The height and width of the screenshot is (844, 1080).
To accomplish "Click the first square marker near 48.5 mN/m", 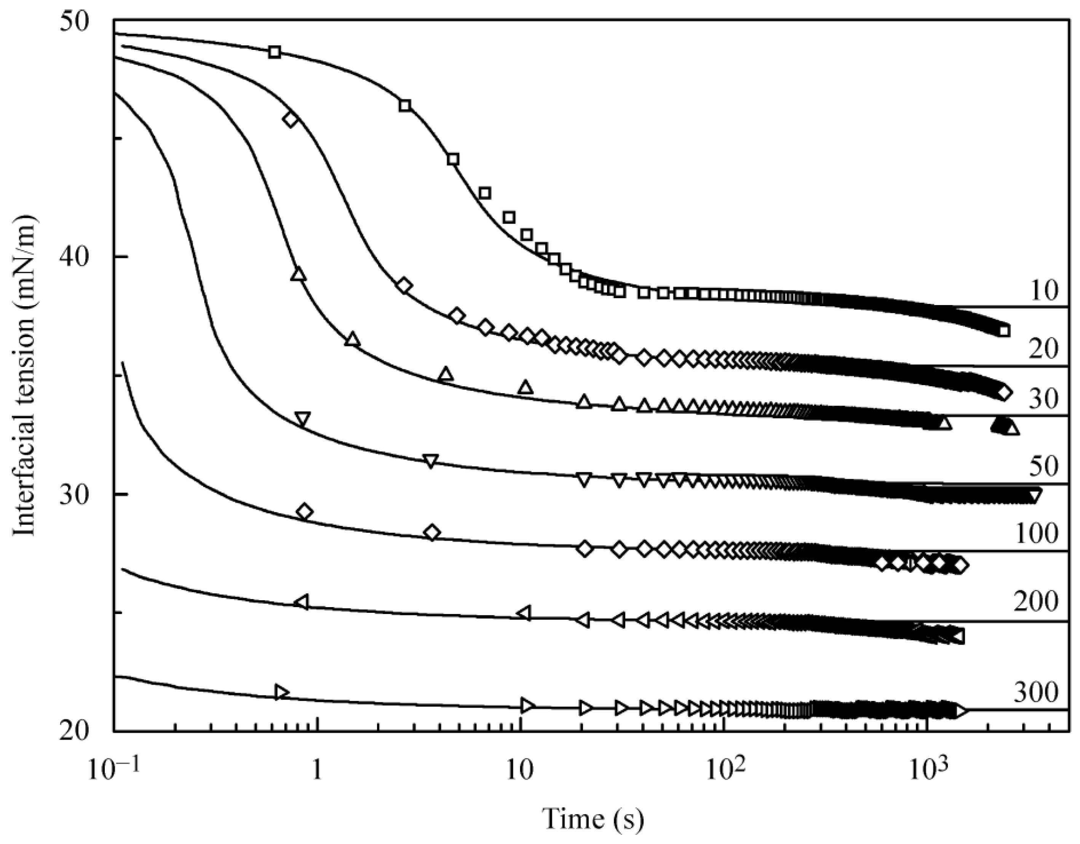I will (275, 52).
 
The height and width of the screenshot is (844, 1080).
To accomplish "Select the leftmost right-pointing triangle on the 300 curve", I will (281, 692).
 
